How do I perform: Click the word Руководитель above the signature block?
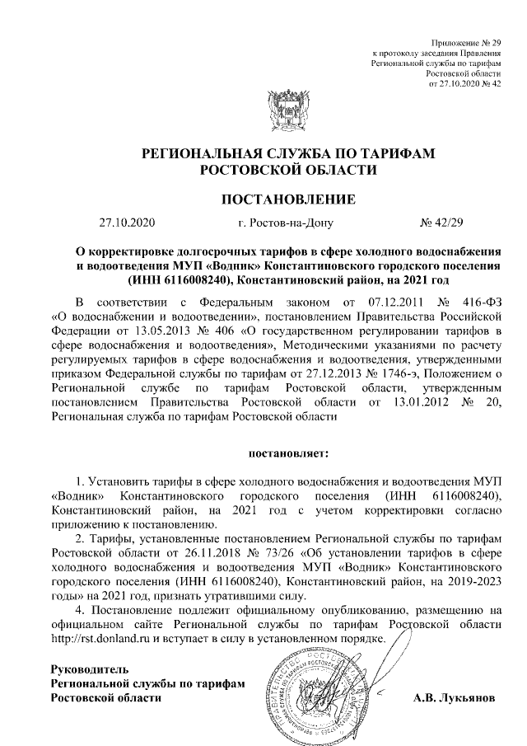point(90,669)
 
